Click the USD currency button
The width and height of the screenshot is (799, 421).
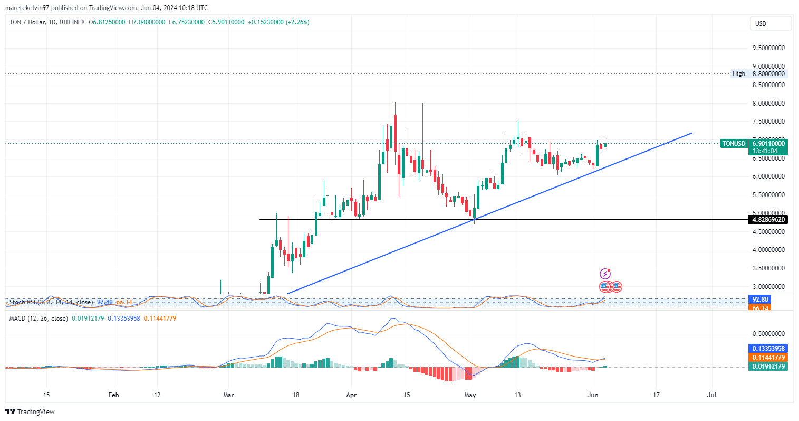pos(770,23)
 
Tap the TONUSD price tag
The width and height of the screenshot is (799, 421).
pos(734,144)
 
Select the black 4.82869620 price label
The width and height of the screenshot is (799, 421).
pos(768,220)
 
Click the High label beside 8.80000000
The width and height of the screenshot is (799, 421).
pos(738,73)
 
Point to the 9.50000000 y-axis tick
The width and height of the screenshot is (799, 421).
pos(768,48)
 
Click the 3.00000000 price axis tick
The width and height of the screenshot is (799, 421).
pos(768,287)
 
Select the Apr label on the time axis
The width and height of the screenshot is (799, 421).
pos(352,395)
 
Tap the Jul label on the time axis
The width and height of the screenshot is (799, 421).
pos(711,395)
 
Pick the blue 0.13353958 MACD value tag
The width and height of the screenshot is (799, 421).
pos(768,349)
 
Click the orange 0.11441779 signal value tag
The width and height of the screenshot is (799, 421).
pos(768,358)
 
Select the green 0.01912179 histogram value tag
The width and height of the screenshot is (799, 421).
pos(768,367)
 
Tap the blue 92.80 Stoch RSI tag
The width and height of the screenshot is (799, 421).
pos(760,300)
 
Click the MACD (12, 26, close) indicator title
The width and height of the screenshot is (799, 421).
pos(38,319)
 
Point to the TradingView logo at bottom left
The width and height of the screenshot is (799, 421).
pos(30,411)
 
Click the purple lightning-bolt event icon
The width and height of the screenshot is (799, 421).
pos(605,274)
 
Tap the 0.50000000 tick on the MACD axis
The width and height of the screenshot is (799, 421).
pos(768,334)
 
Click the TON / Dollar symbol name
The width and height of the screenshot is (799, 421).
pos(27,22)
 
